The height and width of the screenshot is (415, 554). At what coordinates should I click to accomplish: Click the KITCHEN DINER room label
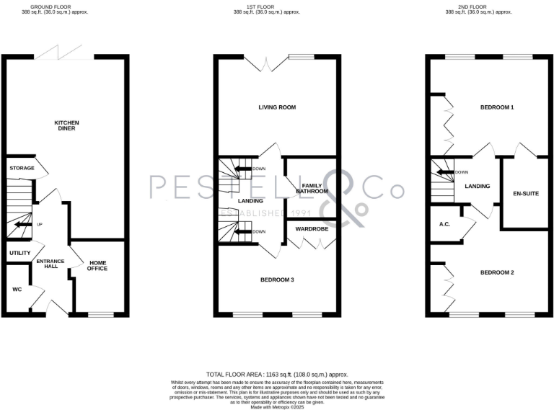point(66,125)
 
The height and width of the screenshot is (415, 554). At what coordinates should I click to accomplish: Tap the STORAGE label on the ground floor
point(22,168)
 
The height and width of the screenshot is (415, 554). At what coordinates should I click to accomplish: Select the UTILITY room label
point(20,253)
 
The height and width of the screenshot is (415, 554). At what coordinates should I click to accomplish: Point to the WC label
point(17,289)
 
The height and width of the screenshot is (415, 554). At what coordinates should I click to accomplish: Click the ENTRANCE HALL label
point(51,263)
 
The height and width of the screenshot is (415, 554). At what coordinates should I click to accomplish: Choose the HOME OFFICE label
point(97,265)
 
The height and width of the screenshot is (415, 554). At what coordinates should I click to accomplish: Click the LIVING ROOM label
point(277,107)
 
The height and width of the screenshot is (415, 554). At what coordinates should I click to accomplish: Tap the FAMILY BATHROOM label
point(311,188)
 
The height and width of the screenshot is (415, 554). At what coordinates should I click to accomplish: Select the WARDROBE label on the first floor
point(312,228)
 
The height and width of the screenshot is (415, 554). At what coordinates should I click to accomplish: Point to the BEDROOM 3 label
point(277,279)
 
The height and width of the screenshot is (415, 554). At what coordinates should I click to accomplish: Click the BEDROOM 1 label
point(497,107)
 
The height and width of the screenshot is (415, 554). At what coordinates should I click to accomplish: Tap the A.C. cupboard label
point(444,224)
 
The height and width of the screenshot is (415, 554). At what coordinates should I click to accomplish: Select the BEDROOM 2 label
point(497,272)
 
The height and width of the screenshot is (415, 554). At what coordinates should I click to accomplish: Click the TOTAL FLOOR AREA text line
point(277,375)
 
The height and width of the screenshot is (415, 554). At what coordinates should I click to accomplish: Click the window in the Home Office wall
point(100,314)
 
